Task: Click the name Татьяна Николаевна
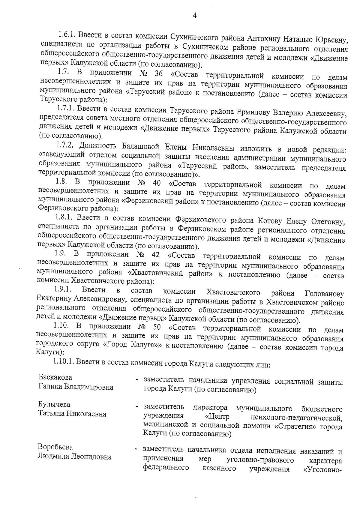(x=72, y=414)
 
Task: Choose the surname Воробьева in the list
(x=55, y=447)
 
